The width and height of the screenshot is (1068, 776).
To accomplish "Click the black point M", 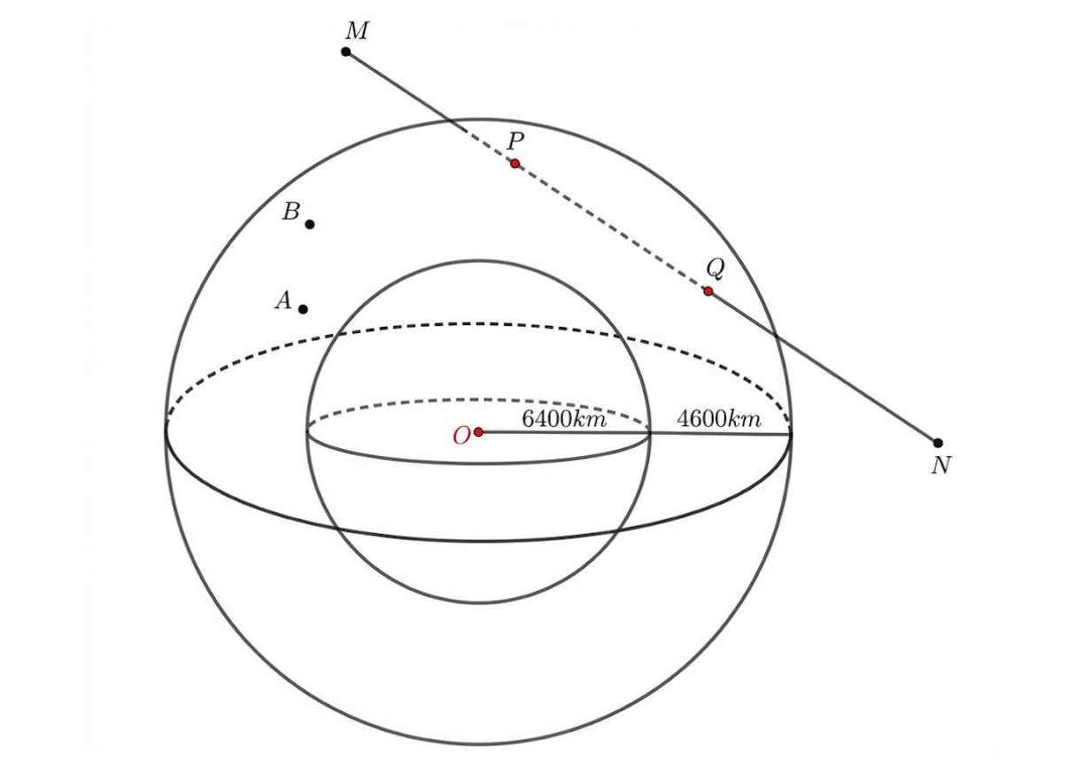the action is [346, 51].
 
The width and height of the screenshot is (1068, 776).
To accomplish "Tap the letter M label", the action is [357, 31].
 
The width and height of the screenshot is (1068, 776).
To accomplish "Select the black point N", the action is [938, 443].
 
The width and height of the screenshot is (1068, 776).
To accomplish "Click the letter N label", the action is [941, 465].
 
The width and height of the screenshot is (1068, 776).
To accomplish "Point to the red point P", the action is [515, 164].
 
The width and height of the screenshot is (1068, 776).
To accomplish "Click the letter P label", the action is [515, 141].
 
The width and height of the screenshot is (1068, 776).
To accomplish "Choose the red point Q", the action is [708, 291].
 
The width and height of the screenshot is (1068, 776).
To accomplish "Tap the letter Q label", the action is [716, 269].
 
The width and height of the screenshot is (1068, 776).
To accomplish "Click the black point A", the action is [303, 309].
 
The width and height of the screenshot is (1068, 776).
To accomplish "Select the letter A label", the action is [283, 301].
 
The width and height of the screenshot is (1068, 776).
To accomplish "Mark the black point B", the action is [310, 224].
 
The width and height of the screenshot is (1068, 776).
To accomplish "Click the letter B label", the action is [290, 212].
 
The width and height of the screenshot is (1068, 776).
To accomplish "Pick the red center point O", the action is [479, 432].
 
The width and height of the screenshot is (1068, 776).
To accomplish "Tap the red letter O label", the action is [461, 436].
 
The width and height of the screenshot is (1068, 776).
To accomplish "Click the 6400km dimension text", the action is [564, 419].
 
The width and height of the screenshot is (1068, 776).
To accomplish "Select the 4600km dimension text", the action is [719, 419].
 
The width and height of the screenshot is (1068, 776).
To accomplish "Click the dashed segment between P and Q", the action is [612, 228].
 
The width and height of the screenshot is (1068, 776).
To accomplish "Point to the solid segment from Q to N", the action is [824, 368].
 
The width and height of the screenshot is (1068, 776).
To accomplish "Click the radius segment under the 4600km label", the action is [720, 434].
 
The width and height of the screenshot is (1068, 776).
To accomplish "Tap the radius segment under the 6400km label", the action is [564, 433].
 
